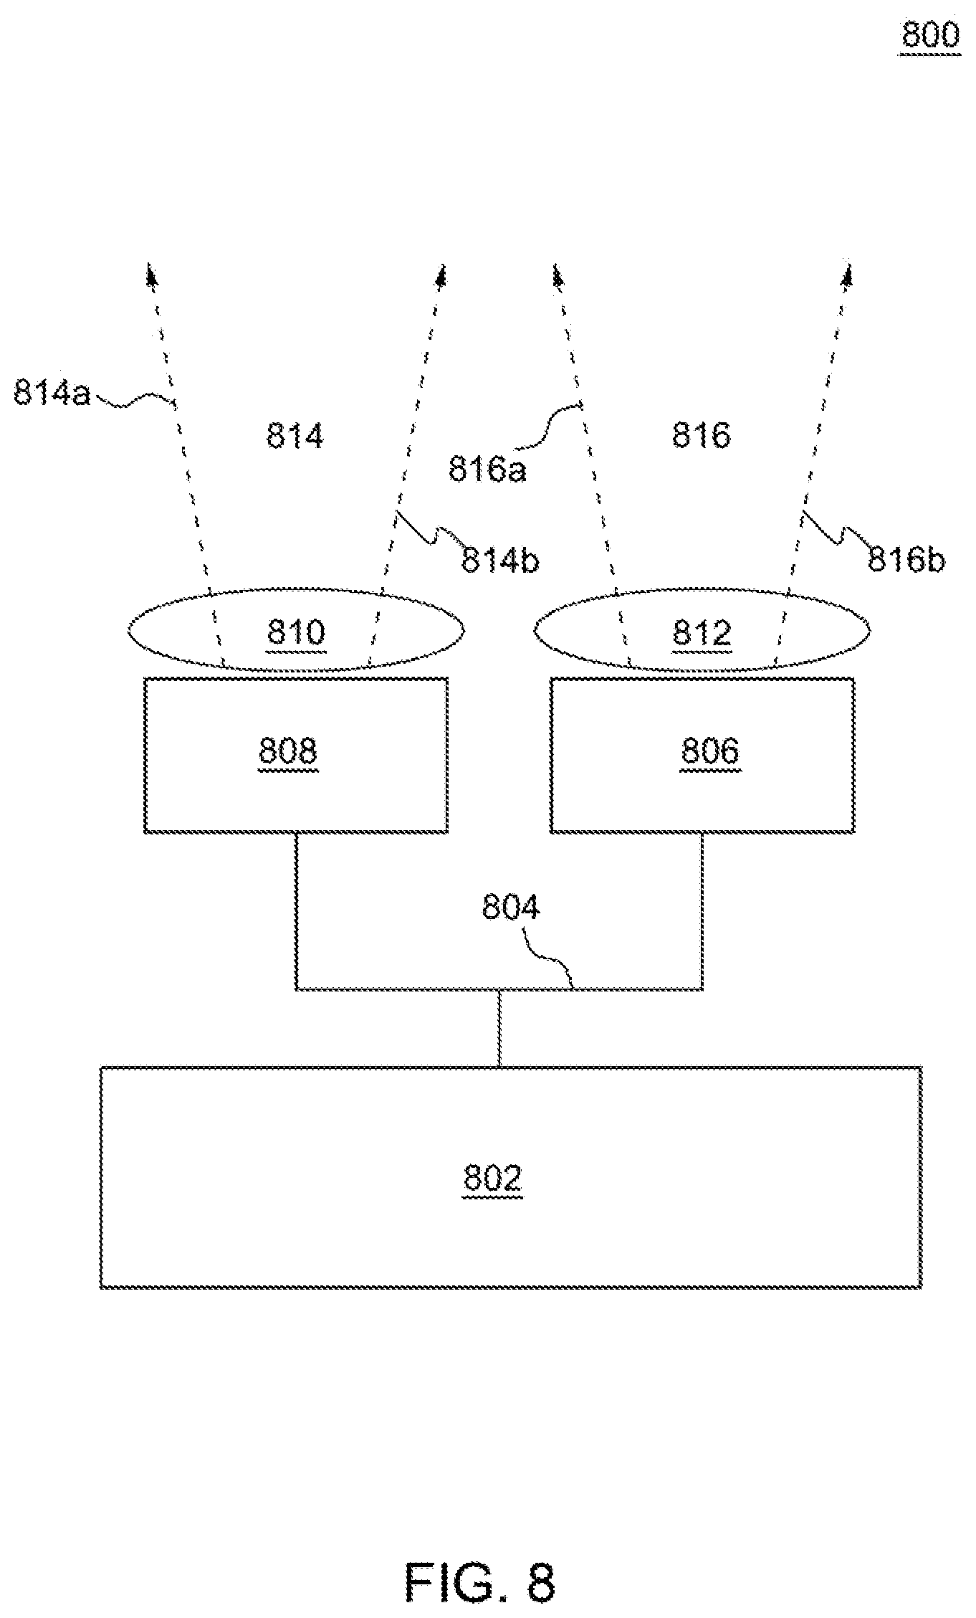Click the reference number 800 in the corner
click(x=930, y=34)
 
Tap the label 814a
click(x=52, y=392)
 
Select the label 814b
click(x=499, y=560)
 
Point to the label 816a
click(x=487, y=470)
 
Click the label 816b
click(x=906, y=559)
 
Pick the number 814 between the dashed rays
click(x=295, y=435)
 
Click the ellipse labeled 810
click(x=296, y=629)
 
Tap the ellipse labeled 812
click(x=702, y=629)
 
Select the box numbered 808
click(x=296, y=755)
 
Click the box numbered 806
click(x=702, y=755)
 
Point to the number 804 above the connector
click(x=511, y=907)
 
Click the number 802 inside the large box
click(x=493, y=1178)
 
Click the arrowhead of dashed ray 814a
click(x=150, y=272)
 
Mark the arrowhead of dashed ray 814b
click(x=442, y=272)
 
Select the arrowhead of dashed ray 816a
click(x=557, y=272)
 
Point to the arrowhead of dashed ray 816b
click(x=848, y=272)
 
